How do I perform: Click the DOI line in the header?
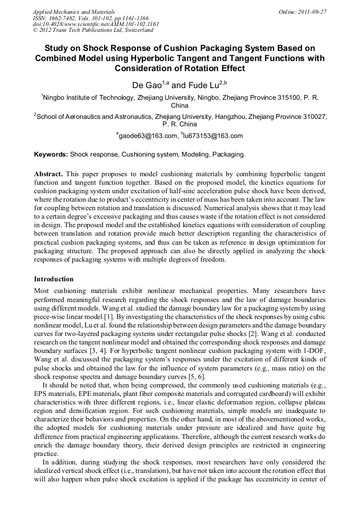click(x=96, y=24)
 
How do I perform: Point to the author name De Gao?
click(x=147, y=85)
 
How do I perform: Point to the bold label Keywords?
click(x=51, y=154)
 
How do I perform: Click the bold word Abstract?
click(x=48, y=174)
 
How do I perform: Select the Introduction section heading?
click(x=54, y=279)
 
